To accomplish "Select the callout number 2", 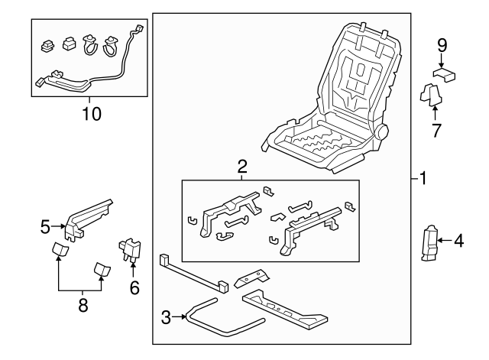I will click(241, 166).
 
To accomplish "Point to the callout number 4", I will click(458, 242).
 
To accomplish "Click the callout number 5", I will click(46, 226).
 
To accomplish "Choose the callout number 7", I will click(436, 130).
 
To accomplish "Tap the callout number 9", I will click(442, 45).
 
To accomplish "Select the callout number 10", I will click(90, 114).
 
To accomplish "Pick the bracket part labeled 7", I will click(431, 95).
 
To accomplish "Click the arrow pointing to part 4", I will click(445, 242).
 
